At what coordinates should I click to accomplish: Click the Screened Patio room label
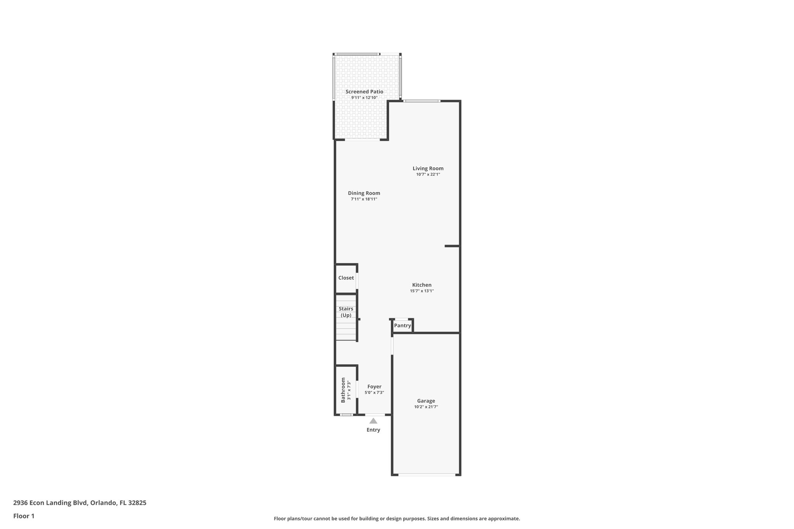coord(364,92)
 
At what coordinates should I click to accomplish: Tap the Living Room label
coord(428,169)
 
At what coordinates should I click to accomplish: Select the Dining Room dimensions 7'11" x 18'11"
coord(364,199)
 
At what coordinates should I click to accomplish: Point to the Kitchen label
coord(422,285)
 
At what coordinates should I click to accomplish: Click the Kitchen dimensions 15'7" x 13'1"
coord(422,291)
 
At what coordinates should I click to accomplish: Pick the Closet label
coord(346,278)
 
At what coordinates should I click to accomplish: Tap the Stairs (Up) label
coord(346,312)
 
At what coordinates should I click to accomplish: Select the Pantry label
coord(402,326)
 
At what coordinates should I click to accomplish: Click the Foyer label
coord(374,386)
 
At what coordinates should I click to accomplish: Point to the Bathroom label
coord(343,390)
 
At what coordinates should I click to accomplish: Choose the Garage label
coord(426,401)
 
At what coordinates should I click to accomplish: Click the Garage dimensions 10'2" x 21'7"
coord(426,407)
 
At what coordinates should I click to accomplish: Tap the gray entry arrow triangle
coord(373,421)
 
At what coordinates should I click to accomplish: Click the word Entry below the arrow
coord(373,430)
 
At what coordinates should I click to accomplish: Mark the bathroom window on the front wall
coord(346,415)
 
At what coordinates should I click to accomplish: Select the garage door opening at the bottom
coord(426,474)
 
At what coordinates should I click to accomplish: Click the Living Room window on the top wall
coord(422,101)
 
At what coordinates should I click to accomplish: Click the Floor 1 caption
coord(24,516)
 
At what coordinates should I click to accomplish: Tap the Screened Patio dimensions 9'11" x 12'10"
coord(364,98)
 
